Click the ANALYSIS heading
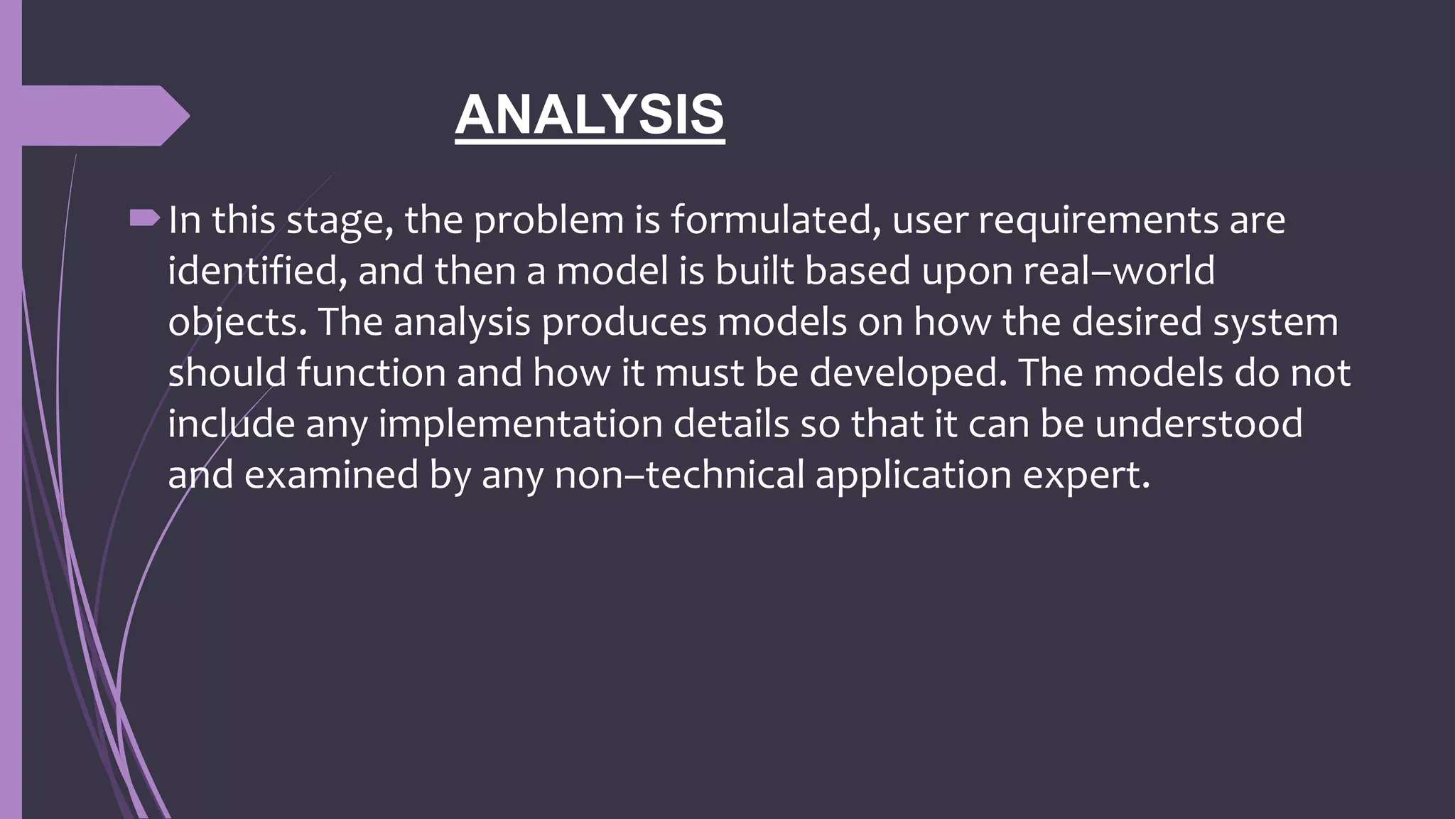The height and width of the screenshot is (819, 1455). click(x=590, y=115)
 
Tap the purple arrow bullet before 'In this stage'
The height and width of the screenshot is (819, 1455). click(x=145, y=219)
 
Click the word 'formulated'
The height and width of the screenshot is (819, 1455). click(x=771, y=220)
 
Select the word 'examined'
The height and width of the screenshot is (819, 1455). click(x=331, y=474)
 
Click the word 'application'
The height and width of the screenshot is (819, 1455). click(x=913, y=474)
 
